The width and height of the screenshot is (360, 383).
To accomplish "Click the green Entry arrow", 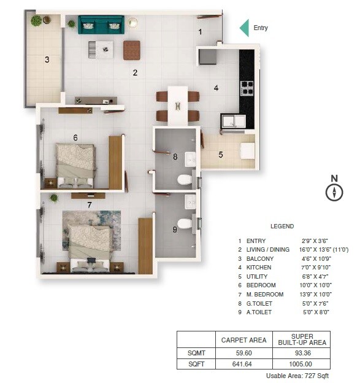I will (244, 28).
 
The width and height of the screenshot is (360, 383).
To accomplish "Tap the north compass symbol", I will (334, 192).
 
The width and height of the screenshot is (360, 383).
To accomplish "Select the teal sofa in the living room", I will (101, 25).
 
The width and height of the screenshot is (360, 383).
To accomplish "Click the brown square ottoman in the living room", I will (132, 50).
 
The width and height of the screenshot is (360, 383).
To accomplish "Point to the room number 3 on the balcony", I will (46, 60).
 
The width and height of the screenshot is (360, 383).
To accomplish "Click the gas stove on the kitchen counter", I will (247, 88).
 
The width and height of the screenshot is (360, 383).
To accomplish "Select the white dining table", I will (177, 105).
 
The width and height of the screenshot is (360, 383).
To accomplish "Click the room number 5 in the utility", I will (221, 154).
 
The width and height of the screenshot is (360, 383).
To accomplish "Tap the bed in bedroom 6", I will (75, 164).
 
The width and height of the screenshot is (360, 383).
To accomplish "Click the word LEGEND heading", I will (282, 226).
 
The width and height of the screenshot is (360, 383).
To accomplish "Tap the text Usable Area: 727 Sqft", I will (297, 376).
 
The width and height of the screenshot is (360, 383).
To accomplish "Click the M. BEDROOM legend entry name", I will (265, 295).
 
